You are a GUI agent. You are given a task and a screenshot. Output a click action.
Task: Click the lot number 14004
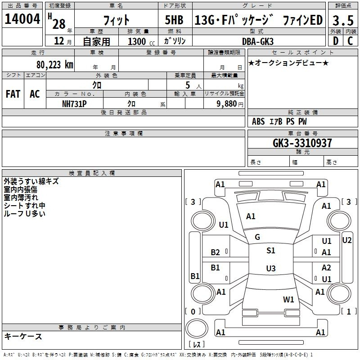tap(22, 19)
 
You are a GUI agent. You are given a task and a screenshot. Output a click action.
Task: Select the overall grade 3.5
tap(343, 20)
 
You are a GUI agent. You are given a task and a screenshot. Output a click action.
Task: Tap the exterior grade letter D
tap(336, 41)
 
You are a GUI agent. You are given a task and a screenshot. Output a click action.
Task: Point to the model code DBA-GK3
tap(258, 41)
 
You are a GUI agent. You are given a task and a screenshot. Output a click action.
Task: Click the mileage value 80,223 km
tap(55, 64)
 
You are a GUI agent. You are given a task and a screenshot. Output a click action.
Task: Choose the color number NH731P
tap(74, 104)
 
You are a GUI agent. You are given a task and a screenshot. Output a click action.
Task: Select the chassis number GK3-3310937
tap(302, 143)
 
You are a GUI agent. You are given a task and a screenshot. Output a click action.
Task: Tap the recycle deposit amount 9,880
tap(227, 103)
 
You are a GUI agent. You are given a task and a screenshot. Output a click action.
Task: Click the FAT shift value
tap(13, 94)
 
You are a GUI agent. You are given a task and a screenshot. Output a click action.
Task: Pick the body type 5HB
tap(174, 20)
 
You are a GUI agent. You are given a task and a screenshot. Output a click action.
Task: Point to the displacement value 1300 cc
tap(141, 41)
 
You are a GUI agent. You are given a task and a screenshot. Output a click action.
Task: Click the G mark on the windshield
tap(257, 237)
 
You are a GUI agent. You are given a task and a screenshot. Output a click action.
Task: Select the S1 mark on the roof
tap(271, 250)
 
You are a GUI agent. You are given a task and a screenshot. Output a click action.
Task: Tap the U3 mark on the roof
tap(271, 268)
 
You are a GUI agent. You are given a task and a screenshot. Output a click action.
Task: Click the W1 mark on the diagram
tap(288, 299)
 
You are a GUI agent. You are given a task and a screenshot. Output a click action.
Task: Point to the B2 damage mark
tap(216, 252)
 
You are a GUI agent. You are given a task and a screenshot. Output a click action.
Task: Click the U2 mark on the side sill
tap(346, 240)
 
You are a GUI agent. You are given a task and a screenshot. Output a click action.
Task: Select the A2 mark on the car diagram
tap(326, 267)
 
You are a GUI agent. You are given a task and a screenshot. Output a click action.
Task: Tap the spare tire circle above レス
tap(197, 328)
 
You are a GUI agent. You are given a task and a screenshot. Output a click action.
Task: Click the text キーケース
tap(23, 336)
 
